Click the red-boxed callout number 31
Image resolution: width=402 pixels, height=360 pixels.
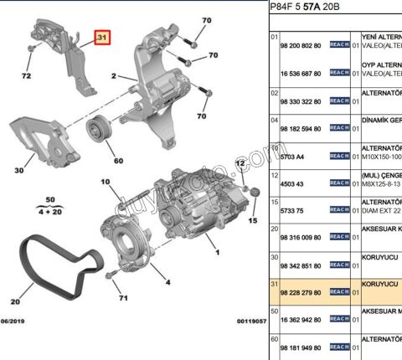pos(101,39)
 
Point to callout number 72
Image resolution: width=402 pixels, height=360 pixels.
pos(26,76)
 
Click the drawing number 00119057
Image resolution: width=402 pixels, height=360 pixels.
pos(249,321)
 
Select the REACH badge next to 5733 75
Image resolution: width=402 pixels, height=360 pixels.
pos(339,211)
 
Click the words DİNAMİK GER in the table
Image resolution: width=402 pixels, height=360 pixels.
pos(381,120)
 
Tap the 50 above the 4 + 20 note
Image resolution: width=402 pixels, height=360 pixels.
pos(49,200)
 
